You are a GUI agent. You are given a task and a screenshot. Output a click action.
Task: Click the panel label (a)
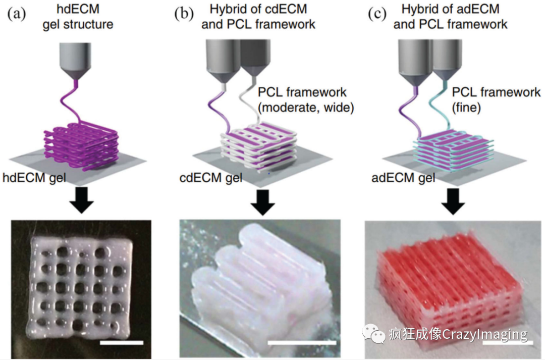[17, 14]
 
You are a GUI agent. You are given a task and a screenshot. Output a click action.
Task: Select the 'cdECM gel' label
[211, 178]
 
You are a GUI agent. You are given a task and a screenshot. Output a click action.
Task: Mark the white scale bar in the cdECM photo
[301, 343]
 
